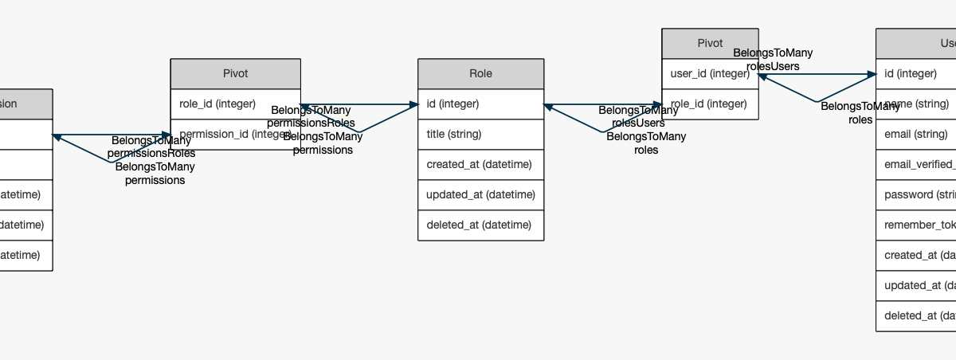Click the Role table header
pos(480,73)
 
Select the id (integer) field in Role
pos(480,104)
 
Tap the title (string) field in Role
pos(480,134)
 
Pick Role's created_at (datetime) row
pos(480,164)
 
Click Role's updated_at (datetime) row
pos(480,194)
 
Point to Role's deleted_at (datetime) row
pos(480,225)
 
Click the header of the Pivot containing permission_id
pos(235,73)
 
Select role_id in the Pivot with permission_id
pos(235,104)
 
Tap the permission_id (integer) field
pos(235,134)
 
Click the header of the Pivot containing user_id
pos(710,43)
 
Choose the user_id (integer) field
pos(710,73)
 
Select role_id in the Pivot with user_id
pos(710,104)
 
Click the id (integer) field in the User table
pos(916,73)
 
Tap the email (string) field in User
pos(916,134)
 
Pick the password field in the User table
pos(916,194)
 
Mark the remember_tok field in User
pos(916,225)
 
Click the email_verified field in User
pos(916,164)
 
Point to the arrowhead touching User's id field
pos(871,74)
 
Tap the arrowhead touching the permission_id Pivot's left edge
pos(166,135)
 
